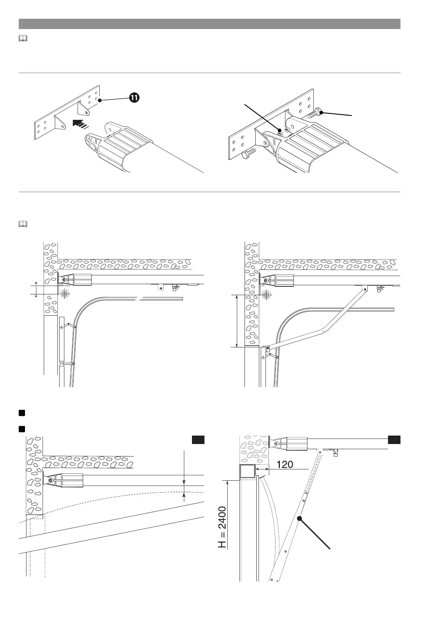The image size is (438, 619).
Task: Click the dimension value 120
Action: (285, 464)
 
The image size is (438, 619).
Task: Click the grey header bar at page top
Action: (209, 24)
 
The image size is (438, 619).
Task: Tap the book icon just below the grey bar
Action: (22, 38)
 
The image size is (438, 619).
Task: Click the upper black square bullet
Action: (22, 413)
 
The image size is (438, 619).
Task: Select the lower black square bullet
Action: (22, 429)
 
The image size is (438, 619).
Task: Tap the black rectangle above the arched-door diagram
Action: (198, 440)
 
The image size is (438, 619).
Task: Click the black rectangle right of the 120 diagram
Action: (394, 440)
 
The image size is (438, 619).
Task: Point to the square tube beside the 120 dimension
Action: (247, 472)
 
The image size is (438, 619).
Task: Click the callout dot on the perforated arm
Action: (299, 518)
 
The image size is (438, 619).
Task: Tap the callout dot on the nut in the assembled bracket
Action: (279, 130)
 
